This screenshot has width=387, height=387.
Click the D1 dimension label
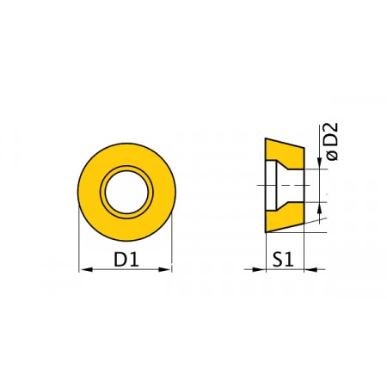click(126, 259)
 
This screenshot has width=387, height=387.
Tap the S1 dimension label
click(283, 260)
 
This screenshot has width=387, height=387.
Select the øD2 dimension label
click(332, 142)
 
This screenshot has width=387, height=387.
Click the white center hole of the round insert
click(126, 192)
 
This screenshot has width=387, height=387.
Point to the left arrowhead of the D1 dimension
click(87, 269)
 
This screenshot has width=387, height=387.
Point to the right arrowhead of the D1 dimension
click(164, 269)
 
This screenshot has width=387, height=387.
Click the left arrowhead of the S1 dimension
click(259, 269)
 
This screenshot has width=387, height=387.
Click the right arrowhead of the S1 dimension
click(310, 269)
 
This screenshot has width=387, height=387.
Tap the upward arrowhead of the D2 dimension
click(320, 209)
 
